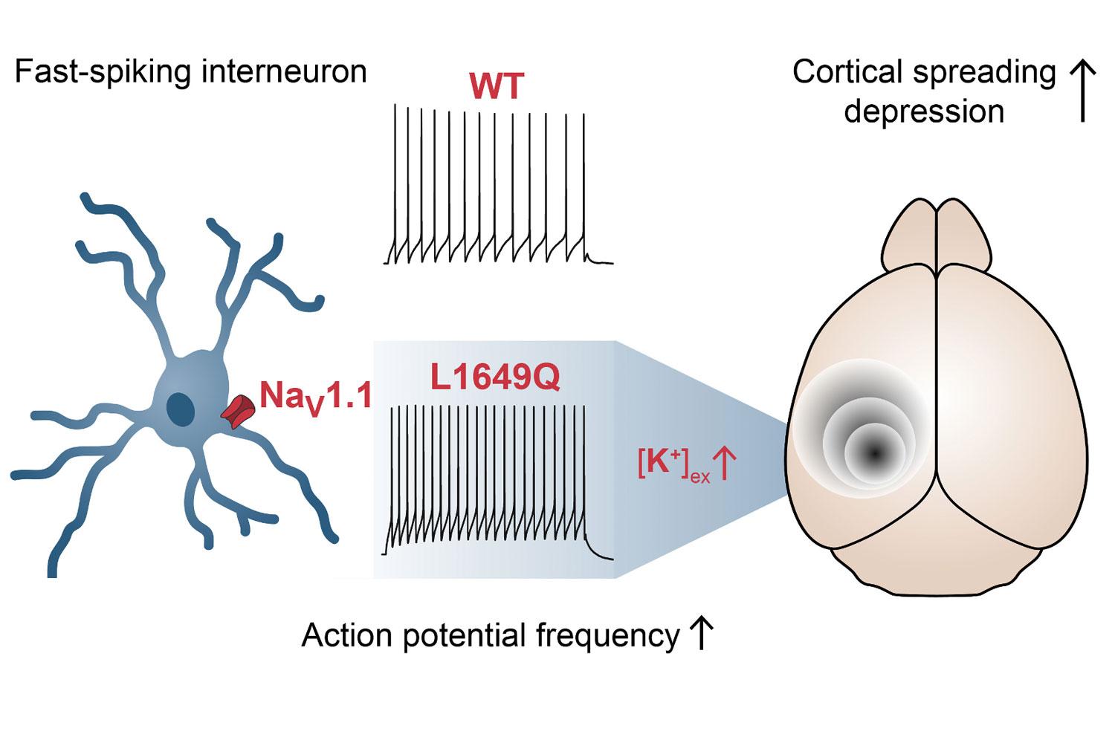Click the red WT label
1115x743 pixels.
(x=497, y=87)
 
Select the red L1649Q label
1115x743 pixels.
(x=495, y=378)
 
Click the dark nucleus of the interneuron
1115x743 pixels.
(x=180, y=409)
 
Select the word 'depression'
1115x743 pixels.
(x=924, y=111)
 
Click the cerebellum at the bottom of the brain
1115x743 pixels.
(x=937, y=557)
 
